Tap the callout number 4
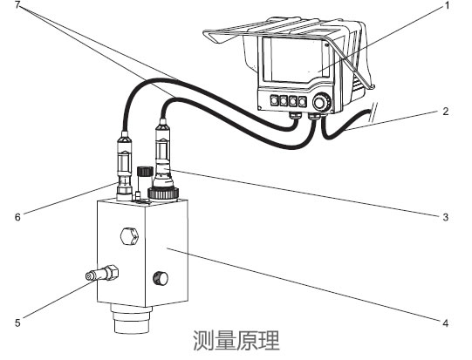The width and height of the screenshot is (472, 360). (446, 323)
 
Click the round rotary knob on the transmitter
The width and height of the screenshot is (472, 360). (322, 103)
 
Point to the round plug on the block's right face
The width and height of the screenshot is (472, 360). (160, 279)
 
